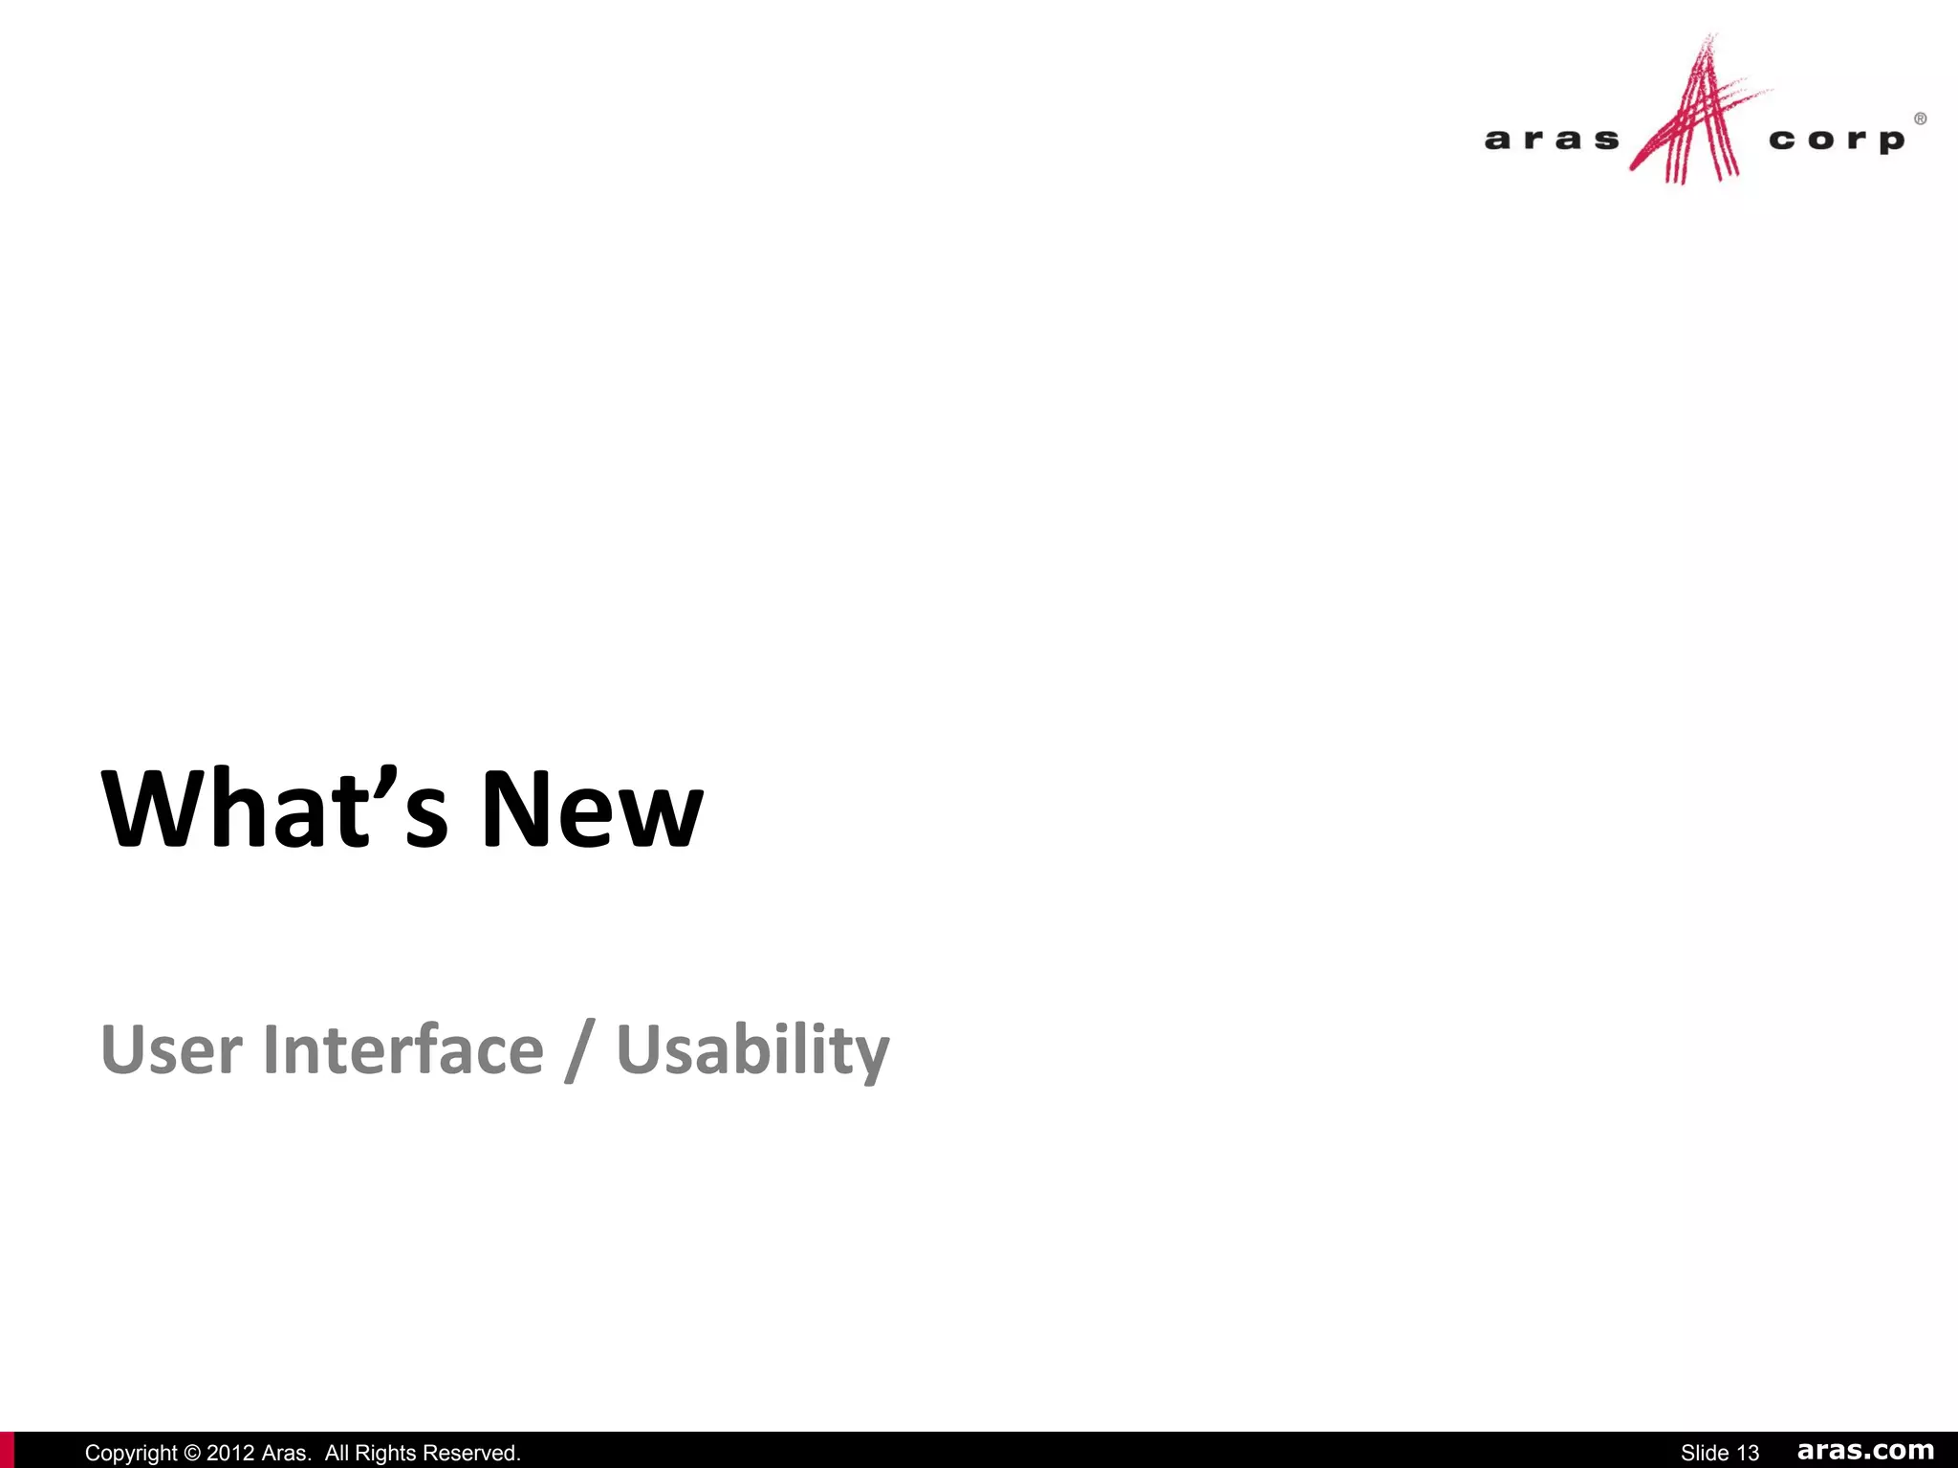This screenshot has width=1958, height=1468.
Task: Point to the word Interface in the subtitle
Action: click(402, 1049)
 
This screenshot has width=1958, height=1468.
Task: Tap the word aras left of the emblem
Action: click(1552, 140)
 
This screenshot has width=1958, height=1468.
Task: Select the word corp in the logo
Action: click(1836, 140)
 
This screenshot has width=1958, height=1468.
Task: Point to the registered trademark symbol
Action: click(1920, 119)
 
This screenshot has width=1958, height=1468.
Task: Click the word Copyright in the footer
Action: click(131, 1453)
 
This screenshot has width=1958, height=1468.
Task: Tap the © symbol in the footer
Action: click(191, 1453)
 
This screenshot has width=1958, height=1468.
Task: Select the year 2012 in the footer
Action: click(230, 1453)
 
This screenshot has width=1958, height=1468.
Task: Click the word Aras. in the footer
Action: click(286, 1453)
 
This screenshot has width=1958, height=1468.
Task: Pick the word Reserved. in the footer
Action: click(474, 1453)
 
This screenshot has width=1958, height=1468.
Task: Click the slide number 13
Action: click(1748, 1453)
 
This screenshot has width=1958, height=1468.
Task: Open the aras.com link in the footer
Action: click(1865, 1451)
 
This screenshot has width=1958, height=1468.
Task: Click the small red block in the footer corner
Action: click(7, 1450)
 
